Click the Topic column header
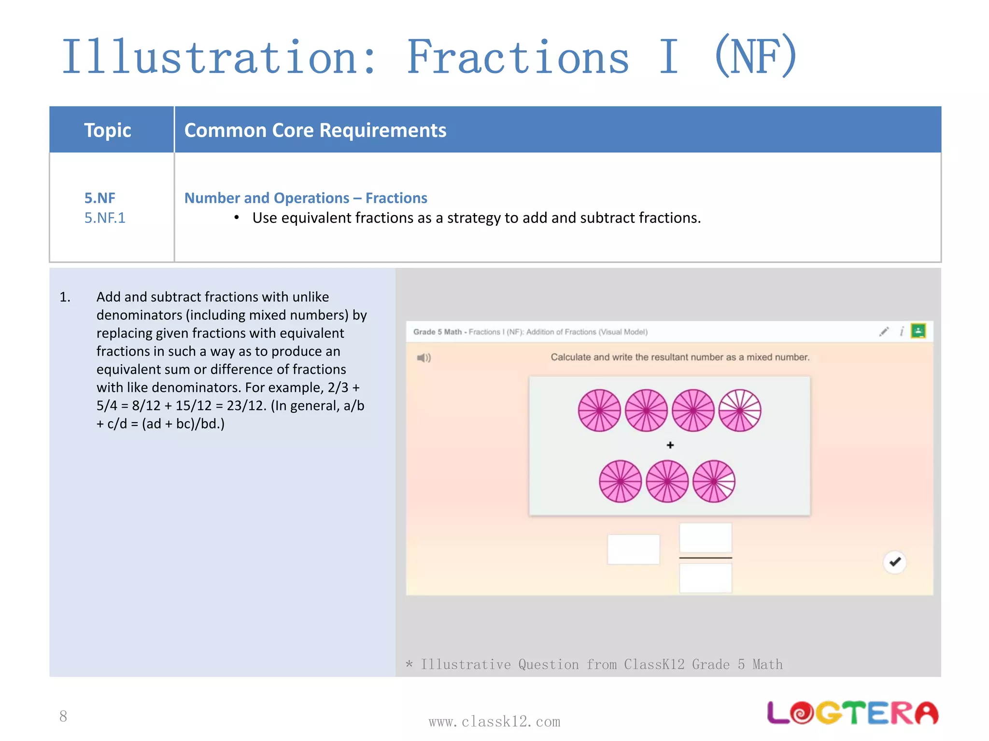tap(107, 130)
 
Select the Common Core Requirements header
tap(315, 130)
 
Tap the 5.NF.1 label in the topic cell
tap(105, 218)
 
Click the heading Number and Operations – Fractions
tap(305, 198)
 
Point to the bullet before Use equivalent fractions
tap(237, 218)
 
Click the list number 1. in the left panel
tap(65, 297)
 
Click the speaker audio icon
tap(424, 358)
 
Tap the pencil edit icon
tap(884, 332)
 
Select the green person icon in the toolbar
tap(918, 331)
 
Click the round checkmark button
tap(895, 562)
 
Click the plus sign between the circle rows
tap(670, 445)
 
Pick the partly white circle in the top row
tap(740, 411)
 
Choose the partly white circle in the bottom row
tap(714, 481)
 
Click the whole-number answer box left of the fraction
tap(633, 549)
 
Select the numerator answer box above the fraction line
tap(705, 537)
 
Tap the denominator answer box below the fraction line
tap(705, 578)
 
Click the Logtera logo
tap(852, 713)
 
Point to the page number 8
tap(63, 716)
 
